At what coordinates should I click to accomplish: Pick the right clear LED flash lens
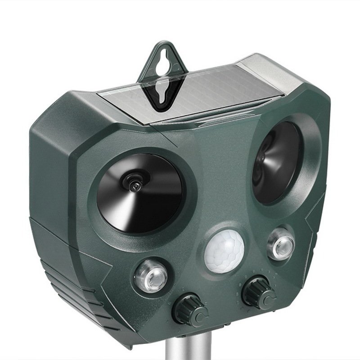279,244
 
